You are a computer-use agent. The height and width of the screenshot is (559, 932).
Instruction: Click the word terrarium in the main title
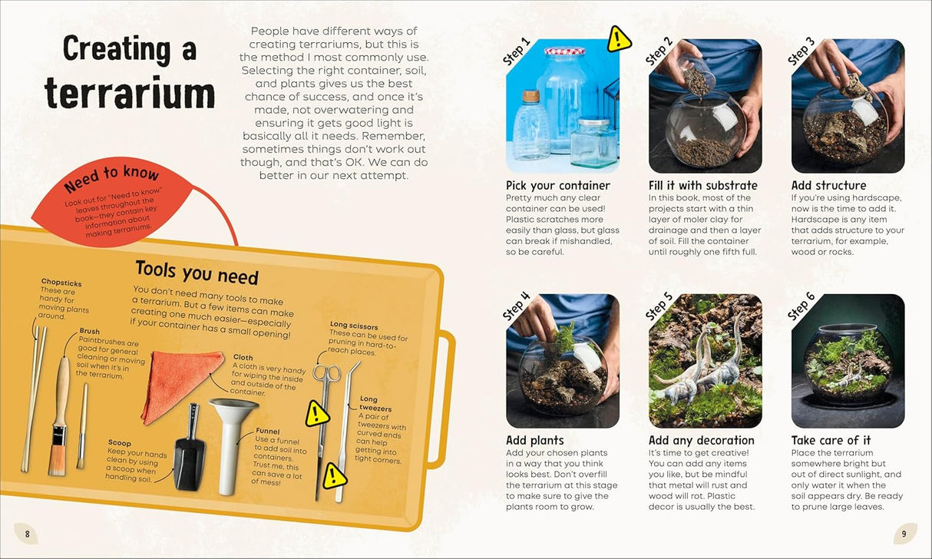pyautogui.click(x=129, y=94)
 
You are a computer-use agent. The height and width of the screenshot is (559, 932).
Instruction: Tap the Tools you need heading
pyautogui.click(x=197, y=272)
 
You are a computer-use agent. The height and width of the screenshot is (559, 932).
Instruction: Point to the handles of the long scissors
pyautogui.click(x=326, y=374)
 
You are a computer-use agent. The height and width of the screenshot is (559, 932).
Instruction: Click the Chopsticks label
pyautogui.click(x=61, y=283)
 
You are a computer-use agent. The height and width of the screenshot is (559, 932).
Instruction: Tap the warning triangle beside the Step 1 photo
pyautogui.click(x=619, y=39)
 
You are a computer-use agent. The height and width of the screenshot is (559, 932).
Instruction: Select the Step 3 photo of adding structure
pyautogui.click(x=848, y=106)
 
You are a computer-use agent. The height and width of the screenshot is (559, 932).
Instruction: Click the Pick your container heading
pyautogui.click(x=558, y=185)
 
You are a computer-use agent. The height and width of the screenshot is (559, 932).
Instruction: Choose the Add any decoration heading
pyautogui.click(x=701, y=440)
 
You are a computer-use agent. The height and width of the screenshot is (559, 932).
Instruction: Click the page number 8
pyautogui.click(x=27, y=534)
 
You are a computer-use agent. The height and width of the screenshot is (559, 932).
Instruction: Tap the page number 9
pyautogui.click(x=904, y=534)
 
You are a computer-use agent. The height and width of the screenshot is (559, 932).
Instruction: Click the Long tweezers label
pyautogui.click(x=369, y=403)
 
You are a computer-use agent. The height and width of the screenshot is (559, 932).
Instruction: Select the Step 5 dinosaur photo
pyautogui.click(x=705, y=361)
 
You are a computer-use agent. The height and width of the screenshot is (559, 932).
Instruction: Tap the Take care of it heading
pyautogui.click(x=831, y=440)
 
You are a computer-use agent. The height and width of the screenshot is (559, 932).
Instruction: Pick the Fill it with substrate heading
pyautogui.click(x=702, y=185)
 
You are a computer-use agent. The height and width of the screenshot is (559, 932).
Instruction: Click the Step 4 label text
pyautogui.click(x=517, y=306)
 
